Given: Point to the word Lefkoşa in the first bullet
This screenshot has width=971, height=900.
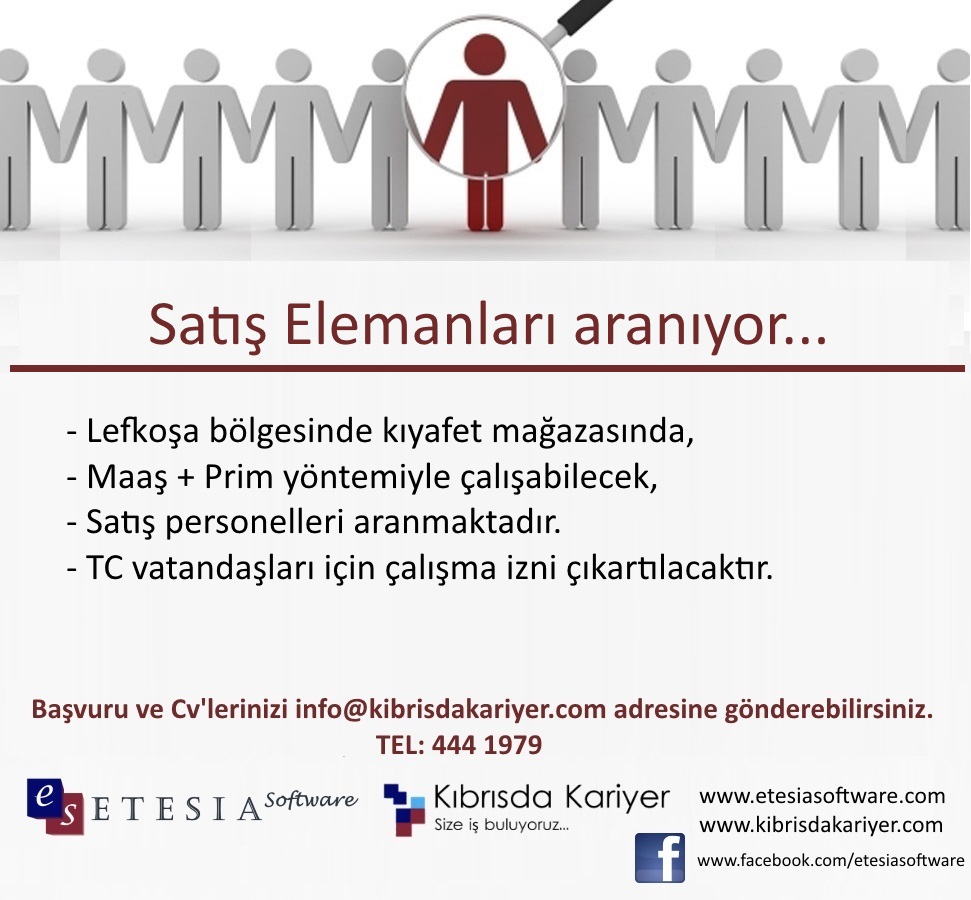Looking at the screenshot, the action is click(x=142, y=431).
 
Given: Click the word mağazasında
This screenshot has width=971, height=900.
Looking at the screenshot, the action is click(x=593, y=432).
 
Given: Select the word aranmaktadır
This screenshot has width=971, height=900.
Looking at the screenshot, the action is click(x=457, y=522).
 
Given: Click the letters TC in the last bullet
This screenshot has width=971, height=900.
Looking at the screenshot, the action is click(x=105, y=568).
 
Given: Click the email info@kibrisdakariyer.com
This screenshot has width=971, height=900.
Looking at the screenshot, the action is click(x=450, y=709).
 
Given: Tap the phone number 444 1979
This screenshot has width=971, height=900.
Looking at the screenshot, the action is click(x=487, y=745).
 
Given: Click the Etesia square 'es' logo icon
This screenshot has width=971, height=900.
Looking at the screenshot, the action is click(x=54, y=806).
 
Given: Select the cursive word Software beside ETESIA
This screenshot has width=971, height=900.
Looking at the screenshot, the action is click(x=311, y=800).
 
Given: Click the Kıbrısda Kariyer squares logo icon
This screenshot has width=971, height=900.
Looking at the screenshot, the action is click(x=404, y=810).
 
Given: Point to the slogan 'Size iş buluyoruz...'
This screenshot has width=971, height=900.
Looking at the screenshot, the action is click(x=501, y=825).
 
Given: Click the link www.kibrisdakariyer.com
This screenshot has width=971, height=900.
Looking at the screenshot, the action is click(x=821, y=825).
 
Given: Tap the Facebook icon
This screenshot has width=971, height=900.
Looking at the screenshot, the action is click(x=660, y=858).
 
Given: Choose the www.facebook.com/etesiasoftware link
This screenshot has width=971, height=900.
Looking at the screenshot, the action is click(x=830, y=860).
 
